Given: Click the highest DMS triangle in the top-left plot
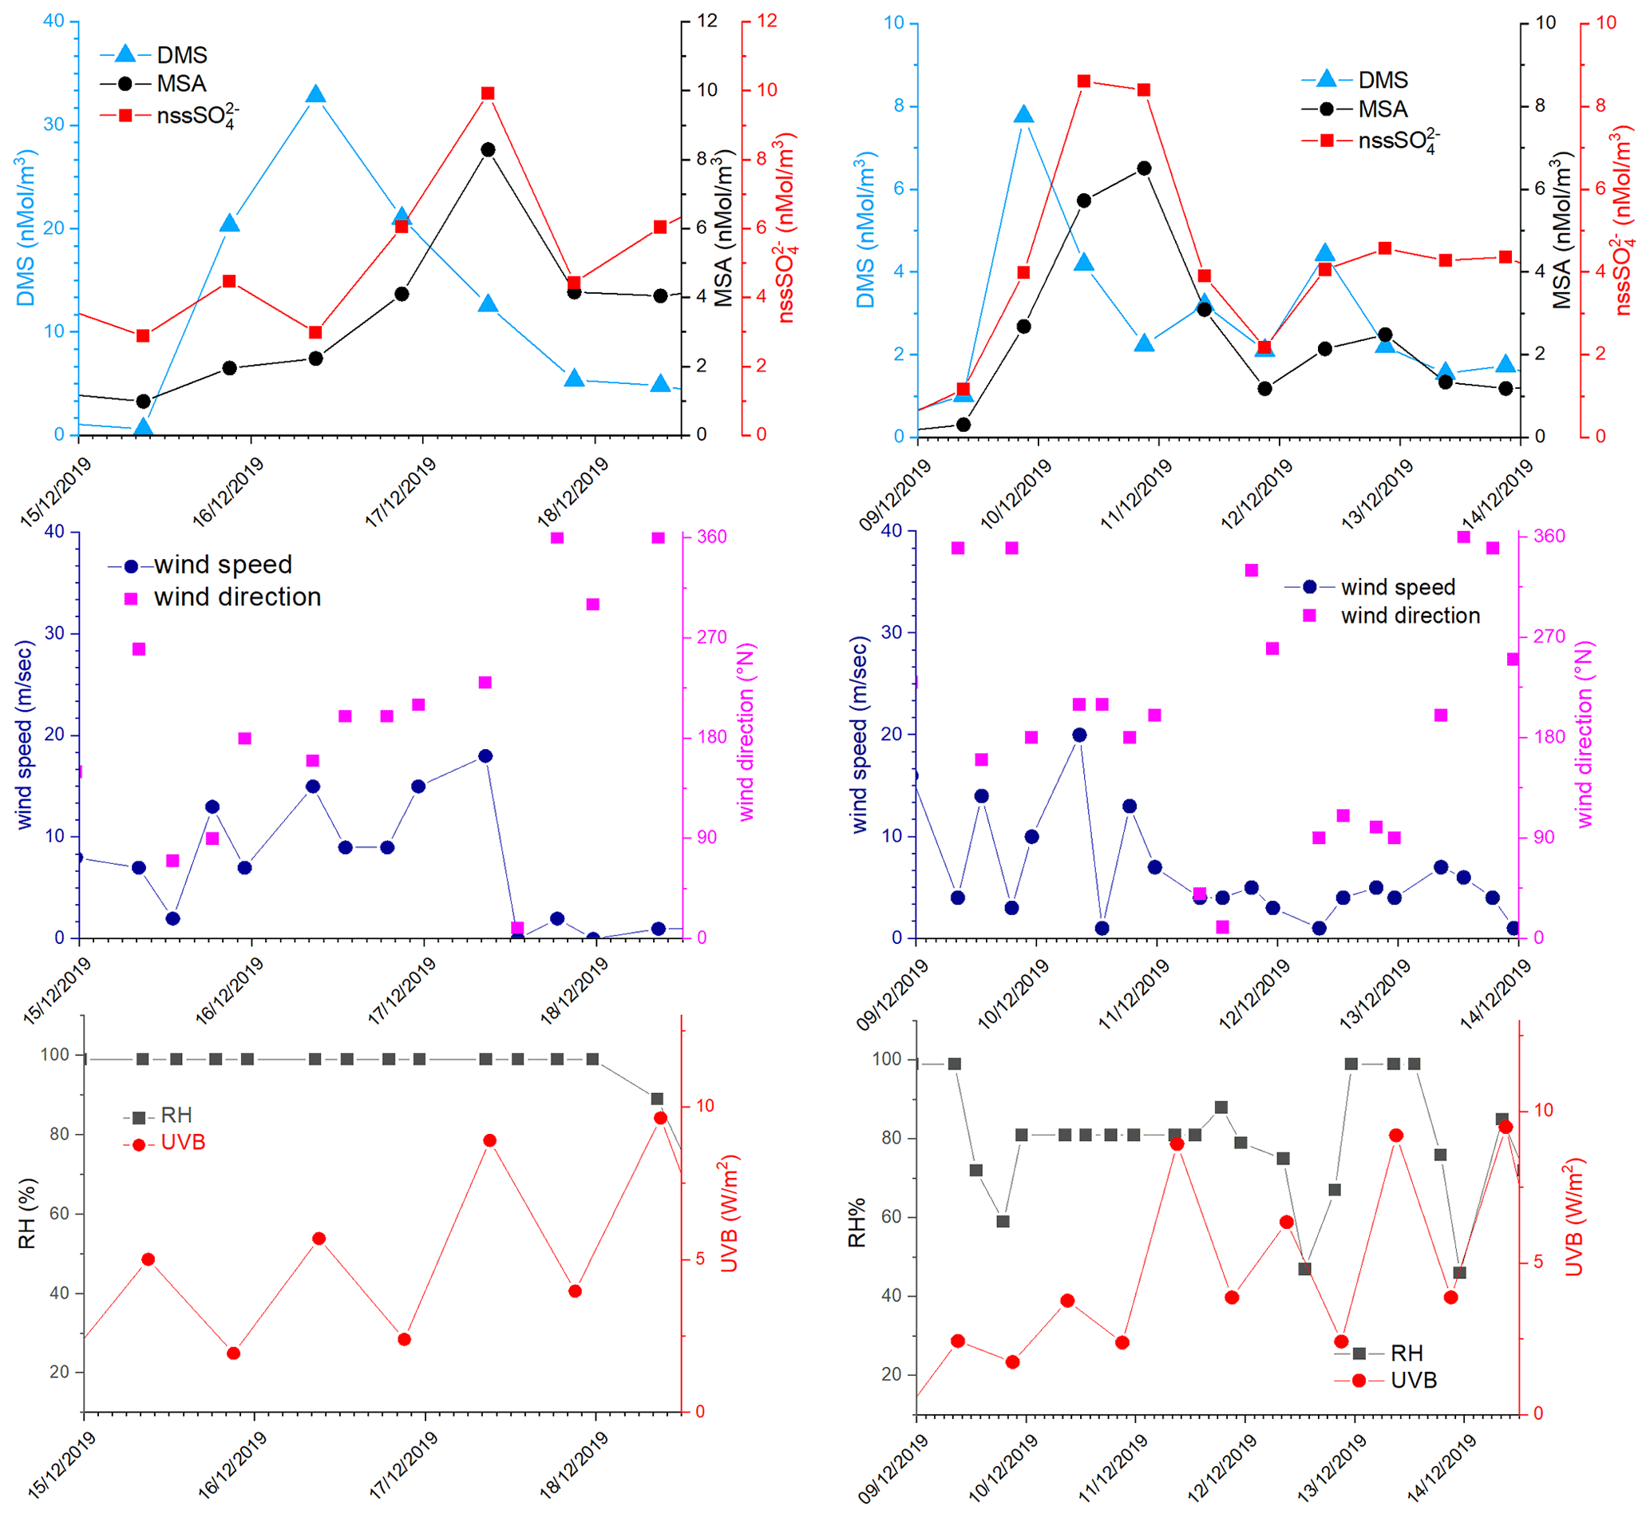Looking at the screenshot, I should (316, 94).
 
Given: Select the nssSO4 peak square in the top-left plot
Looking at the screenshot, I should (488, 93).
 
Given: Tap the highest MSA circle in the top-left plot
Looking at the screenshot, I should (488, 149).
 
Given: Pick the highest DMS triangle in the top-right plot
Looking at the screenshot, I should (1023, 114).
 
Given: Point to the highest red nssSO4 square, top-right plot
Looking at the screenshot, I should (1084, 81).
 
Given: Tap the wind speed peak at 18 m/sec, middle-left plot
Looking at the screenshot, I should (485, 755).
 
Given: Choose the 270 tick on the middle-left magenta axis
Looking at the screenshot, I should (712, 637).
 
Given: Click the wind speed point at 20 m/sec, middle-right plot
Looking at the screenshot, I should (1079, 735).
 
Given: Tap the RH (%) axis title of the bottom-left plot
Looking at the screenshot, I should (27, 1213).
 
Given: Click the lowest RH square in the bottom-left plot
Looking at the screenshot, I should (657, 1099).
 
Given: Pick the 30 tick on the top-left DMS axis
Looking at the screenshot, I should (53, 125).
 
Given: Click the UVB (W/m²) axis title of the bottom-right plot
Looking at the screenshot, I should (1573, 1218).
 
